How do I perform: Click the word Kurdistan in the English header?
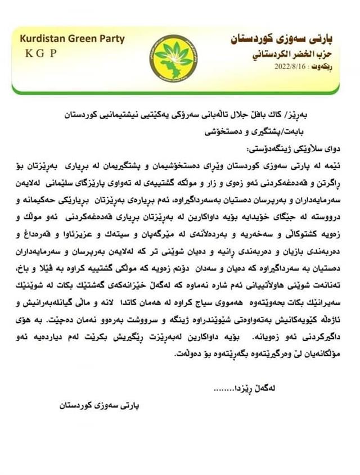click(43, 39)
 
